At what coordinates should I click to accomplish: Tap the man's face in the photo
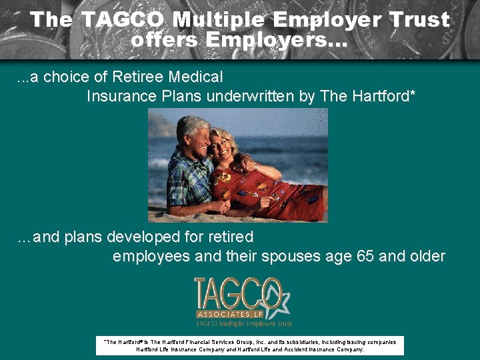coord(195,133)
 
